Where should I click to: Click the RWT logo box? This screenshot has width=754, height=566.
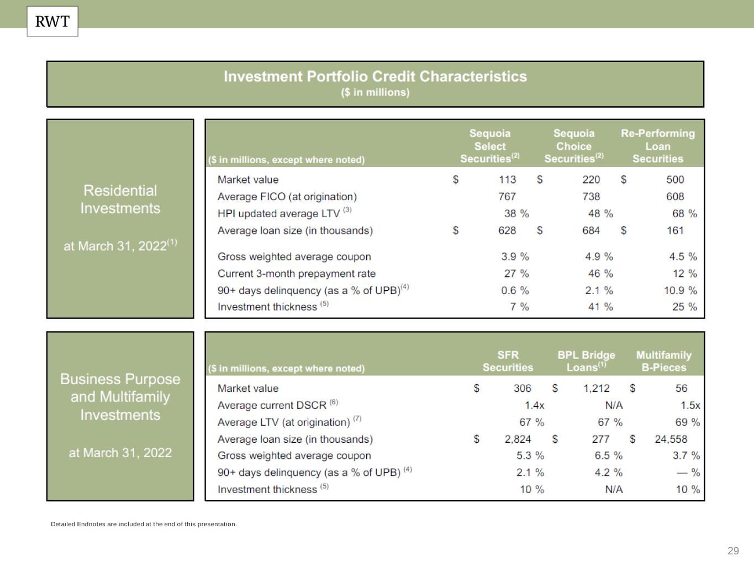(52, 22)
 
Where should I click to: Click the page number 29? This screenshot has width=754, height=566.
(733, 551)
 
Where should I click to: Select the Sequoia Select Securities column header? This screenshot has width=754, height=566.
(490, 146)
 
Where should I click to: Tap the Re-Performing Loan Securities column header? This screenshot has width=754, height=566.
(657, 146)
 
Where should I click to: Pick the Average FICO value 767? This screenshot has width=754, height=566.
(507, 196)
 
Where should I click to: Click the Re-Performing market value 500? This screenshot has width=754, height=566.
(674, 180)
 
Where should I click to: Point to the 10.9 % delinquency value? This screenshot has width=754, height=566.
(680, 290)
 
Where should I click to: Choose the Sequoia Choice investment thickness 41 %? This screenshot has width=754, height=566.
(600, 307)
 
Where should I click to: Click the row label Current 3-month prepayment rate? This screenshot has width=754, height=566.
(296, 274)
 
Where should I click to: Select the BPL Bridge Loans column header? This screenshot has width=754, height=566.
(586, 361)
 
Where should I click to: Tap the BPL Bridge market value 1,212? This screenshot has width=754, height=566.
(597, 389)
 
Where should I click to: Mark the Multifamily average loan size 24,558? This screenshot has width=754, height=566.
(671, 439)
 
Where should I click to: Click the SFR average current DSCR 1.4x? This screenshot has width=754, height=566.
(534, 405)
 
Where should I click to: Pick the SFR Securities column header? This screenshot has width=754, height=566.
(508, 361)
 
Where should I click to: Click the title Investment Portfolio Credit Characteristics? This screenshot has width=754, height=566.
(375, 77)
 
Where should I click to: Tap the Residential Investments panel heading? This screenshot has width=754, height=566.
(120, 200)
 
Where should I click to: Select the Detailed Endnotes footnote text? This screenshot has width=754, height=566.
(144, 524)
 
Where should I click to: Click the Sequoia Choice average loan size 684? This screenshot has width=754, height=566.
(590, 230)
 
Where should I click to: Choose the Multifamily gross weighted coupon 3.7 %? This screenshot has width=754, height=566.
(686, 455)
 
